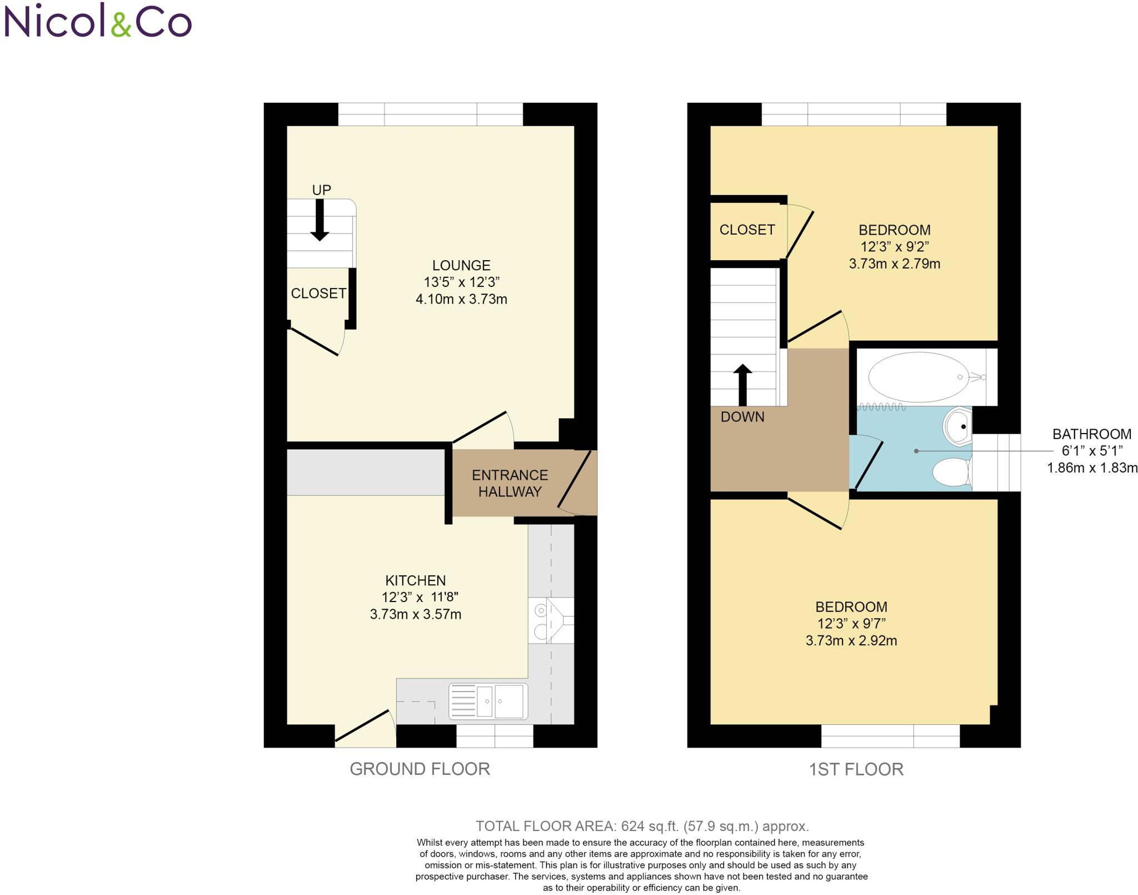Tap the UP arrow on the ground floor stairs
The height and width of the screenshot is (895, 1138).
tap(320, 220)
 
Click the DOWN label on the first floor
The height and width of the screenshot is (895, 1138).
tap(742, 417)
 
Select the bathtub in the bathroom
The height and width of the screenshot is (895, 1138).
tap(919, 377)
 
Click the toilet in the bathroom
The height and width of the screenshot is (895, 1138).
tap(951, 472)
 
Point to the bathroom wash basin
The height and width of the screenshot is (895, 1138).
tap(957, 426)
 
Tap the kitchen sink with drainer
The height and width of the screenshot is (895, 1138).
tap(488, 701)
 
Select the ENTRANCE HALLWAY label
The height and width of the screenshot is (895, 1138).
tap(510, 483)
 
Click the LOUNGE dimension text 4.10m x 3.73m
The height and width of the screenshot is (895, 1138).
tap(461, 299)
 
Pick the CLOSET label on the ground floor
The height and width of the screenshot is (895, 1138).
tap(318, 294)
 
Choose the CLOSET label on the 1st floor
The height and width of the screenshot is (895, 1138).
tap(747, 230)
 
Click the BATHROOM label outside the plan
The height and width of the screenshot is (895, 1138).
tap(1091, 434)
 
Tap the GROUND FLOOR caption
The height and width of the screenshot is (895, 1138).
tap(420, 769)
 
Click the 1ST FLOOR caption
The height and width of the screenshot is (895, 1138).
tap(856, 769)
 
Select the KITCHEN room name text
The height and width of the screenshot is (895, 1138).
tap(416, 580)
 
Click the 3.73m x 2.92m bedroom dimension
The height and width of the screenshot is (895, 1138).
tap(851, 640)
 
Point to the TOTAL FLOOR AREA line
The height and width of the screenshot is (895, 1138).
tap(642, 826)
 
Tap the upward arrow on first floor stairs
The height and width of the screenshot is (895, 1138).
tap(743, 384)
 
